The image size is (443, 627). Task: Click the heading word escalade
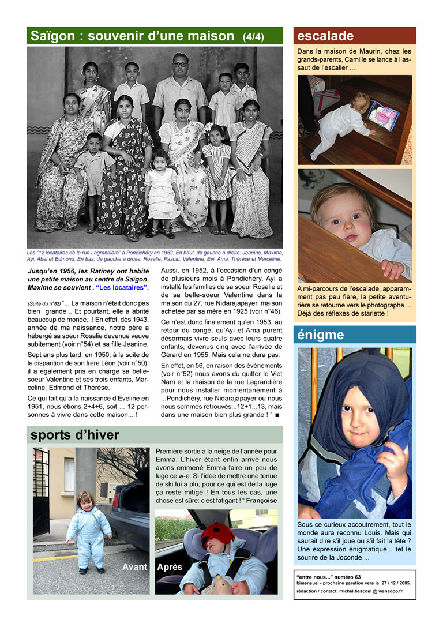coord(325,36)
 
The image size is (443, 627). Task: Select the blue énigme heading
coord(321,335)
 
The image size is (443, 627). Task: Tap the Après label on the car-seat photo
coord(170,567)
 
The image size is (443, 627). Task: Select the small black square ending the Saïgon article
coord(277,415)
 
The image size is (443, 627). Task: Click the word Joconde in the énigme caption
coord(354,557)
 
